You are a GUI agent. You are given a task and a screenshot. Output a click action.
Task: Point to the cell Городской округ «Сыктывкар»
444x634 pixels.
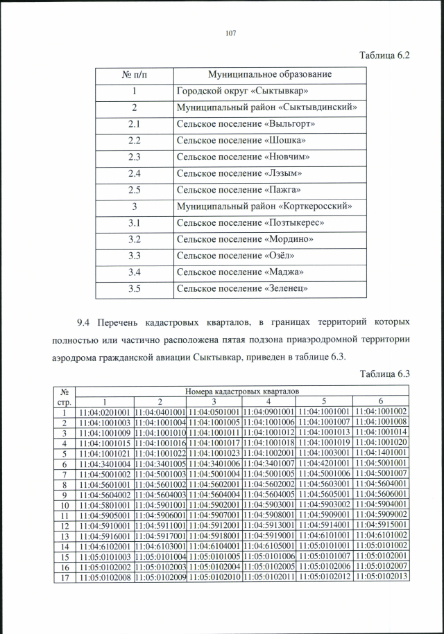pyautogui.click(x=242, y=91)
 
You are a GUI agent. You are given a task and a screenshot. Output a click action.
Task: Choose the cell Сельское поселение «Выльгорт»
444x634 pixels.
pyautogui.click(x=246, y=124)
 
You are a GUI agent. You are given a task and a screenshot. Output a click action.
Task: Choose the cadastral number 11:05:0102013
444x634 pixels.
pyautogui.click(x=379, y=576)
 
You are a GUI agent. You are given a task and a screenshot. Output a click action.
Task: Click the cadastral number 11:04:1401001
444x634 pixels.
pyautogui.click(x=379, y=453)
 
